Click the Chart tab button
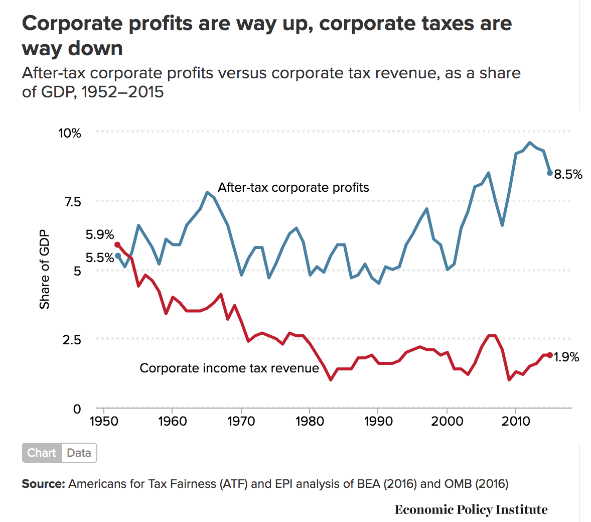coord(42,453)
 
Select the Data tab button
coord(79,453)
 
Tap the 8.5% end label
coord(568,175)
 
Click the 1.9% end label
coord(567,357)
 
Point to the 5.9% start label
coord(100,235)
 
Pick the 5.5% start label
coord(100,258)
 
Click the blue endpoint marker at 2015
coord(550,173)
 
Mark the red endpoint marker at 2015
coord(550,355)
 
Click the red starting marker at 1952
coord(117,244)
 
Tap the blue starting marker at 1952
coord(118,255)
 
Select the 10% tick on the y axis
coord(70,134)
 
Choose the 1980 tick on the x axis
coord(310,421)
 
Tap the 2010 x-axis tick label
coord(516,421)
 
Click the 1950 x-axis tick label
coord(103,421)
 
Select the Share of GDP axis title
coord(45,270)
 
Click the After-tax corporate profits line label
coord(293,188)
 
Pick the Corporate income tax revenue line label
coord(229,368)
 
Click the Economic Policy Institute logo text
coord(471,510)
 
